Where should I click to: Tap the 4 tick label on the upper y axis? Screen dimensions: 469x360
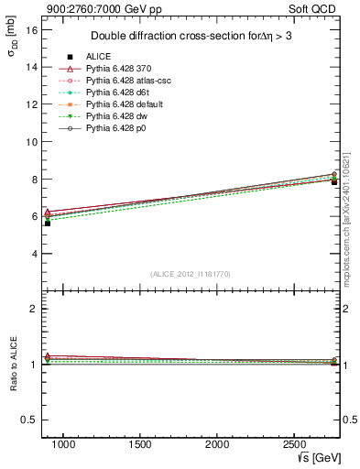[33, 254]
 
